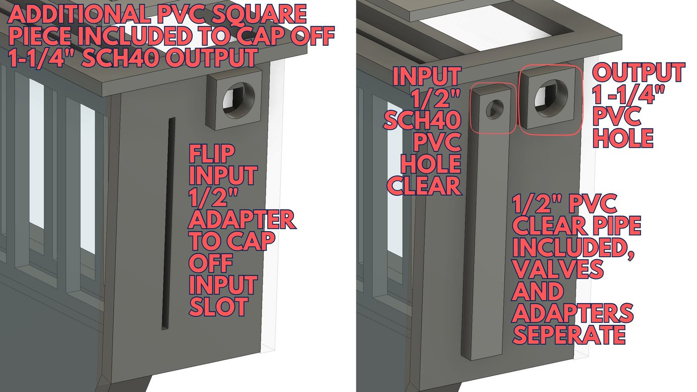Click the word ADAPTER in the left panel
pos(242,219)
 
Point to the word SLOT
pos(218,307)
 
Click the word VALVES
pos(558,269)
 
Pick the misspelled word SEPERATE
pos(569,334)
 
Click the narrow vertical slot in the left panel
pos(168,223)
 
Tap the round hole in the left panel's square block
pos(239,100)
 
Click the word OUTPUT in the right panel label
pos(639,72)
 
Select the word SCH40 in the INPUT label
pos(422,120)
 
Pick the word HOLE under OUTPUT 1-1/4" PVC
pos(623,138)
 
